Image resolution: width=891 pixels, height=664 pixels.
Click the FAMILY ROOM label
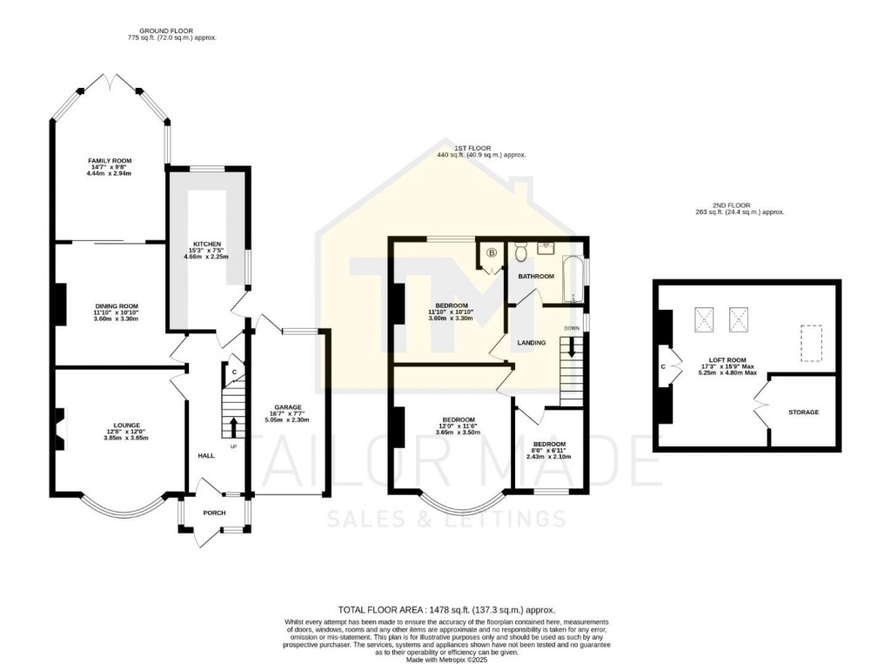(x=109, y=161)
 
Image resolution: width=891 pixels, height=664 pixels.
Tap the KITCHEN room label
(x=207, y=244)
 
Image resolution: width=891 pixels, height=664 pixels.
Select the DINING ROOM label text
(x=117, y=306)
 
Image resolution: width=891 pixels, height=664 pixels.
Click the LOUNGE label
(x=124, y=425)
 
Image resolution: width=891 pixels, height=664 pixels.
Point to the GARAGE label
(x=288, y=407)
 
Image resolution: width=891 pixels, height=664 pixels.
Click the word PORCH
(x=214, y=513)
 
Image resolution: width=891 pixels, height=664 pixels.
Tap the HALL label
(x=206, y=455)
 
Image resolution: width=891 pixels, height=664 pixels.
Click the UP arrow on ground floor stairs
(x=233, y=427)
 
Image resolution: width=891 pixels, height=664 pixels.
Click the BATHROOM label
(x=536, y=276)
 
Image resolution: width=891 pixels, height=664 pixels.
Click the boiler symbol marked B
(x=492, y=253)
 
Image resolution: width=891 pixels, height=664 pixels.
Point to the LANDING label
(x=532, y=343)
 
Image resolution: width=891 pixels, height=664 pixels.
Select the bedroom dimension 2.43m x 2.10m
(x=550, y=456)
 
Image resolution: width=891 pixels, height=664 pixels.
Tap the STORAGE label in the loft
(x=803, y=412)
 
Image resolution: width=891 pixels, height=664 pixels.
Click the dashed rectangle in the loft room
(x=810, y=343)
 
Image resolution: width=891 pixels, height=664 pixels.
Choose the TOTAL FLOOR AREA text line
(x=445, y=610)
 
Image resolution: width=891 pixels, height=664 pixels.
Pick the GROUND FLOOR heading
(x=171, y=31)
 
